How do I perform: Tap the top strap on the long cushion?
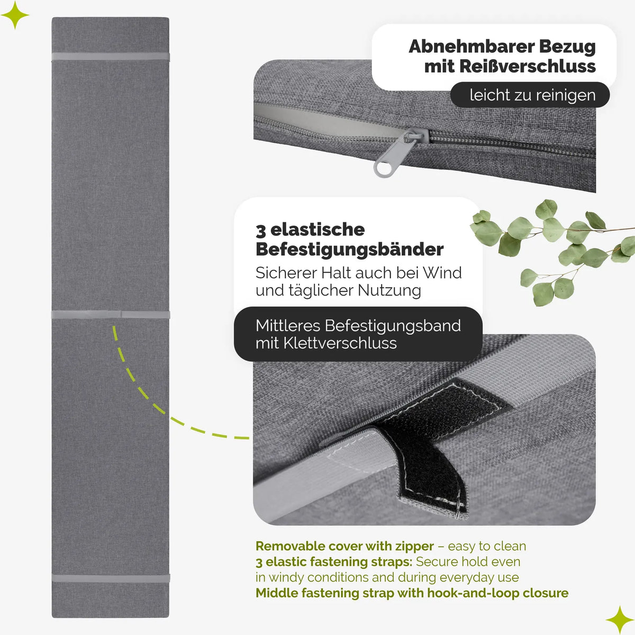pos(111,56)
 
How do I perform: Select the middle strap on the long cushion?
pos(111,314)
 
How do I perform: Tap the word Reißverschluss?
pos(527,66)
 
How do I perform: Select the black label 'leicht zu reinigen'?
pos(530,95)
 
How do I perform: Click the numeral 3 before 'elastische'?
pos(260,231)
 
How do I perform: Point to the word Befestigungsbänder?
pos(349,249)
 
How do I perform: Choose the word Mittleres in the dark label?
pos(288,325)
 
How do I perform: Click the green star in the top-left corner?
pos(15,15)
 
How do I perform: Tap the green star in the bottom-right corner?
pos(620,620)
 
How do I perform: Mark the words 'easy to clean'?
pos(487,546)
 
